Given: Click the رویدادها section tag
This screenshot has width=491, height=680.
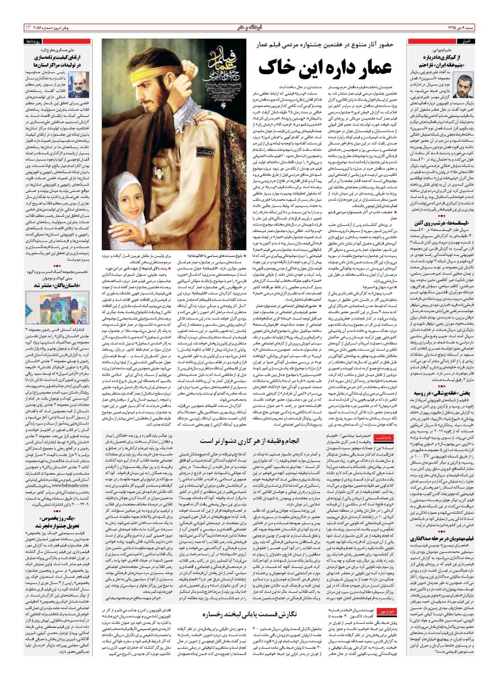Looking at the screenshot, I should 30,42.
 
